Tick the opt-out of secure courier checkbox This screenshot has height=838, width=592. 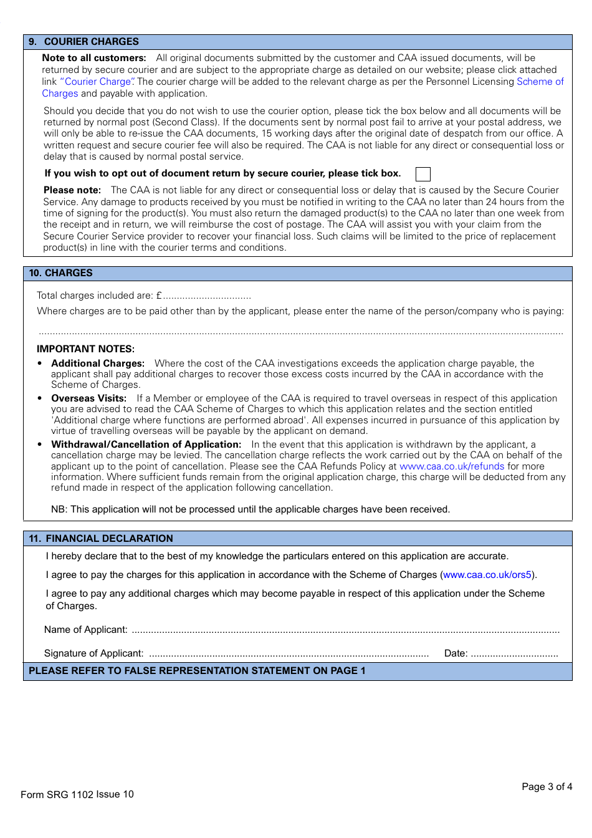tap(423, 174)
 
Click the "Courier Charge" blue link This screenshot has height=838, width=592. tap(97, 82)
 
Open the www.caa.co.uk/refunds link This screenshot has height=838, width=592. tap(451, 466)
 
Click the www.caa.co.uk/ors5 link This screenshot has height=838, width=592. tap(487, 575)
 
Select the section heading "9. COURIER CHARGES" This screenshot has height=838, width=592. tap(84, 42)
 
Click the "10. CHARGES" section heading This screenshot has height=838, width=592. tap(61, 273)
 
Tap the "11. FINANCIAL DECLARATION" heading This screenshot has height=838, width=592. tap(102, 539)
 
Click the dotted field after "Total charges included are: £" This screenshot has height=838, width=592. tap(207, 297)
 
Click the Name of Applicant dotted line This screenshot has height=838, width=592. tap(345, 631)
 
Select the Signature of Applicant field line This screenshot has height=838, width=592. tap(289, 655)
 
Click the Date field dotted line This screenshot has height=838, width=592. tap(514, 655)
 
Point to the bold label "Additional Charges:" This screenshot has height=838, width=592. tap(98, 364)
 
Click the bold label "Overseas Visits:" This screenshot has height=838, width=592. tap(88, 398)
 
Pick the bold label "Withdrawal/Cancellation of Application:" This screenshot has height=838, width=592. tap(146, 445)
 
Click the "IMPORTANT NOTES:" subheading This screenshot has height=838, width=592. tap(85, 349)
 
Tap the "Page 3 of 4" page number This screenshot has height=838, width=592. tap(547, 787)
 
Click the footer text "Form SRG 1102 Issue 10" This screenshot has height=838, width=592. tap(77, 794)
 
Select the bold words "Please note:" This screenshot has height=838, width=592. tap(72, 190)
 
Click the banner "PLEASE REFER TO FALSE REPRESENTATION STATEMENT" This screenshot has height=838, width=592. tap(197, 671)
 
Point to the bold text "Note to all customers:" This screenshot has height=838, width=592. tap(94, 58)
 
